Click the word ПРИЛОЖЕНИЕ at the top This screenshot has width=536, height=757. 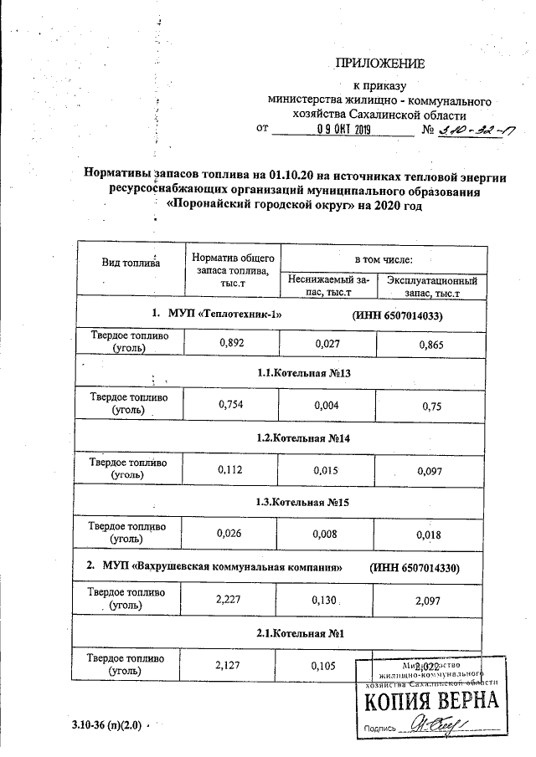click(380, 64)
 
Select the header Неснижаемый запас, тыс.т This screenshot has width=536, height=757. click(327, 287)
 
